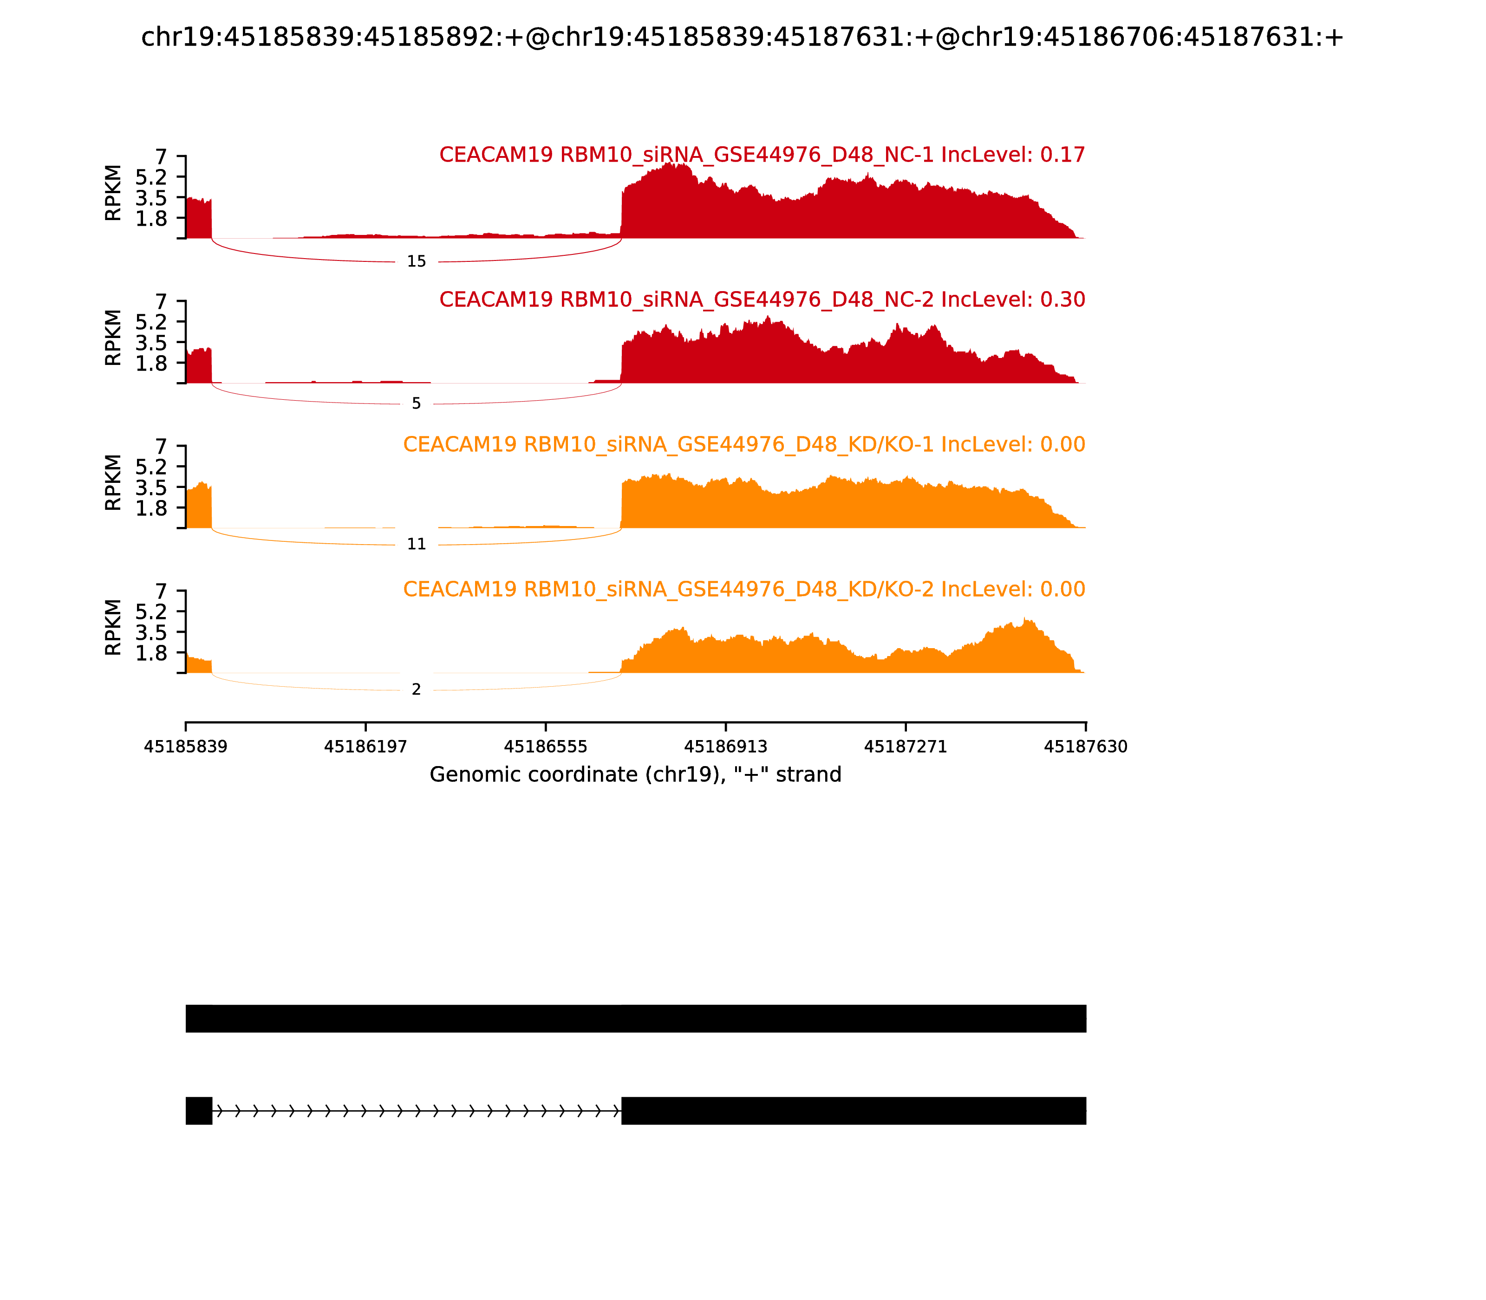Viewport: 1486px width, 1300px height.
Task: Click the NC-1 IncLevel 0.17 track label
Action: tap(762, 155)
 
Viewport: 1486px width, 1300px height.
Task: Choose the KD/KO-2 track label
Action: tap(744, 589)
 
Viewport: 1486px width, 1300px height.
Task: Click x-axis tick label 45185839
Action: tap(186, 747)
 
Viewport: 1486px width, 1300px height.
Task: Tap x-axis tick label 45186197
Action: tap(366, 747)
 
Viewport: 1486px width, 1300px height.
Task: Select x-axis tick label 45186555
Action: tap(546, 747)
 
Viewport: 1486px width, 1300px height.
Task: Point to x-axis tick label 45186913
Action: tap(725, 747)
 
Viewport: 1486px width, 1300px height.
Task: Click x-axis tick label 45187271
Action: tap(906, 747)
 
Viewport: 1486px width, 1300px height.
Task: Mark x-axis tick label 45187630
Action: tap(1086, 747)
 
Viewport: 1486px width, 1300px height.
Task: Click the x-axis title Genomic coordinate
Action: tap(636, 775)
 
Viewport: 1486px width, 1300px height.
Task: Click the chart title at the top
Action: tap(742, 37)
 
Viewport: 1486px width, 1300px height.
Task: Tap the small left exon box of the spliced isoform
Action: tap(199, 1111)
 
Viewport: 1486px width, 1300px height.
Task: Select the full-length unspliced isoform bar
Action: tap(636, 1019)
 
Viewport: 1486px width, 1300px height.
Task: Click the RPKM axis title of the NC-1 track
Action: tap(113, 193)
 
